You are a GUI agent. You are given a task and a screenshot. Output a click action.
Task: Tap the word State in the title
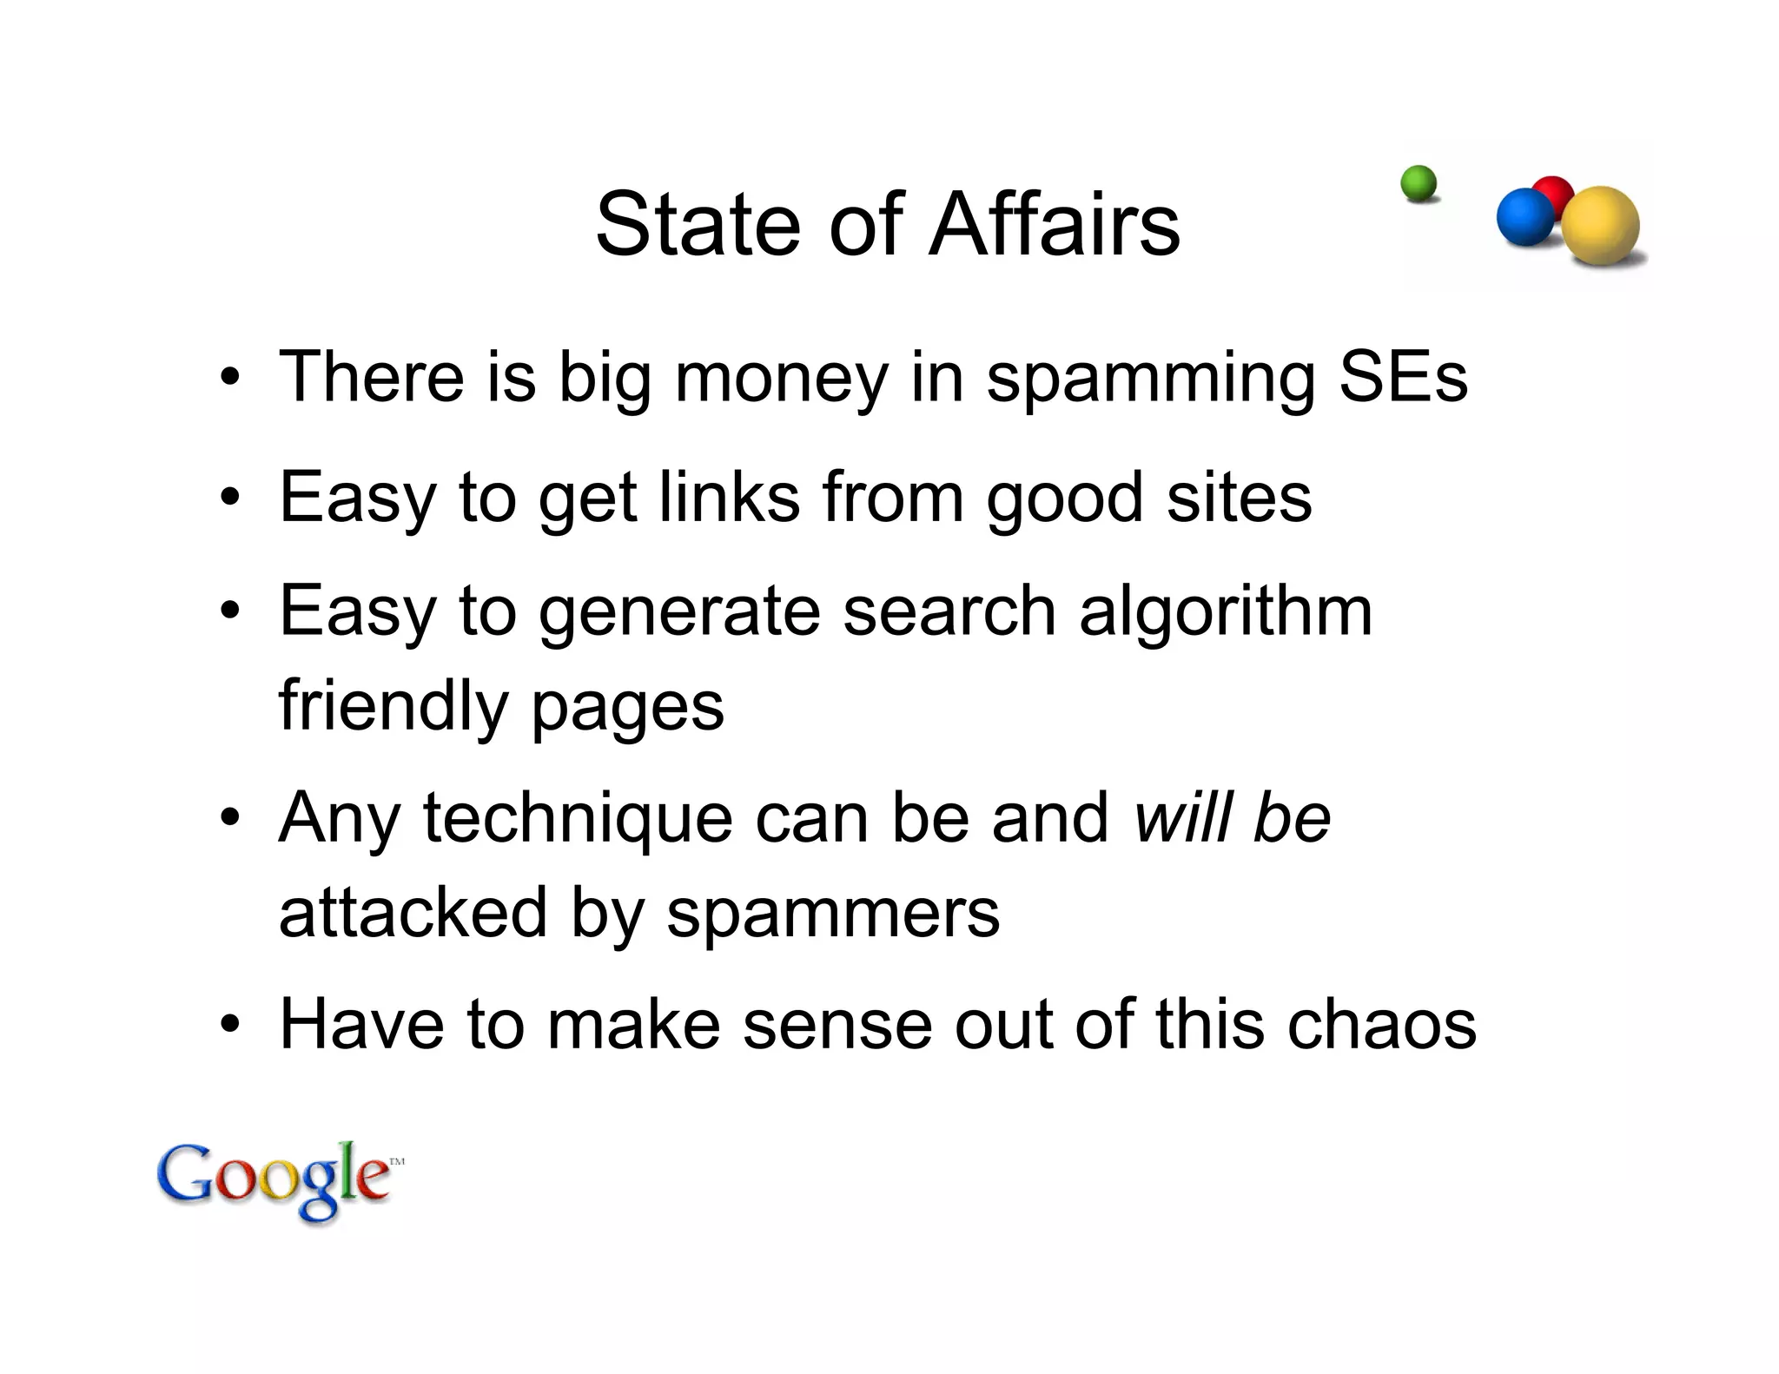[696, 225]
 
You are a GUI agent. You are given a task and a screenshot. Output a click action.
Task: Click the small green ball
[1419, 183]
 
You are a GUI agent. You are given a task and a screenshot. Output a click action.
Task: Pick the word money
[781, 379]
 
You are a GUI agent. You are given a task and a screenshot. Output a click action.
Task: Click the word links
[729, 498]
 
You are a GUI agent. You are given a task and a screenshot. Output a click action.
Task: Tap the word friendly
[393, 705]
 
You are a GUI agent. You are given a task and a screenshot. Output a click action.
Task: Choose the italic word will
[1183, 817]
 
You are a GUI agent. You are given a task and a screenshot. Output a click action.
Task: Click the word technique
[578, 819]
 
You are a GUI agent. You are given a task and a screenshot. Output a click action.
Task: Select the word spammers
[833, 915]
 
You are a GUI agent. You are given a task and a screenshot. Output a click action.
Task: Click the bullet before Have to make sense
[229, 1024]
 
